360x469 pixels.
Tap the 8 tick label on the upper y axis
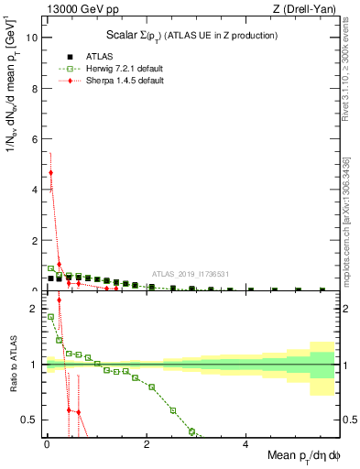click(x=34, y=89)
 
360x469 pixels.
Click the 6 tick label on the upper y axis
click(x=34, y=139)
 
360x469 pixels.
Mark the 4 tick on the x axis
click(x=245, y=443)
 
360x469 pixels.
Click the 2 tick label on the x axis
click(x=147, y=443)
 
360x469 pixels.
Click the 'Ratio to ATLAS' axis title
click(x=12, y=365)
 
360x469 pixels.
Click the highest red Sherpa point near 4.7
click(x=50, y=172)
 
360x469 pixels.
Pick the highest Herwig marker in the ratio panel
click(x=50, y=317)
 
